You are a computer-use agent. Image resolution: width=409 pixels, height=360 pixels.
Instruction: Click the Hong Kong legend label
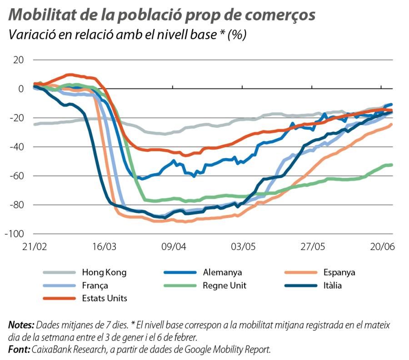104,273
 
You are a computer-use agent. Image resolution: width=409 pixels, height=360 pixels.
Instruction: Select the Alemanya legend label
223,273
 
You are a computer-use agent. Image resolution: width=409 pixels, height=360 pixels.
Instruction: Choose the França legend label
95,285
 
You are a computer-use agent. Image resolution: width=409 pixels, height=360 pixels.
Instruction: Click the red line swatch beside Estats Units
59,299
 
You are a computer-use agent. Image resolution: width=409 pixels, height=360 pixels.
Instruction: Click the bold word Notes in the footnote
21,325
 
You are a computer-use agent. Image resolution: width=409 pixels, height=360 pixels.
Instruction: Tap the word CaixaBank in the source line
50,349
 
